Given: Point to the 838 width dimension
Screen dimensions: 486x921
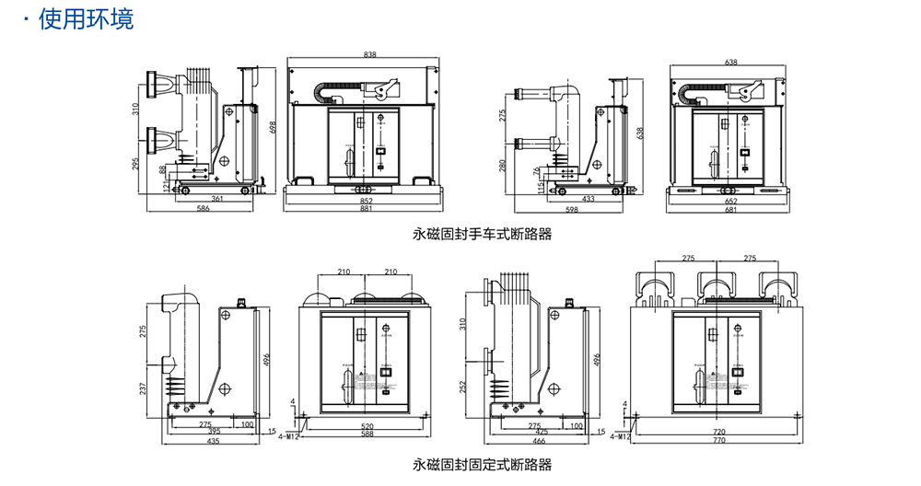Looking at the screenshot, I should tap(369, 56).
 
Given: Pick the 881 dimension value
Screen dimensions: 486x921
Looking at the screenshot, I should tap(366, 209).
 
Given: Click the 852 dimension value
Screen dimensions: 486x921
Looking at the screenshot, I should tap(366, 200).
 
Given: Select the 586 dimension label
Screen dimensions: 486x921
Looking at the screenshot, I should tap(203, 209).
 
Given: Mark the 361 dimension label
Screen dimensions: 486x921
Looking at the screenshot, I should tap(217, 199).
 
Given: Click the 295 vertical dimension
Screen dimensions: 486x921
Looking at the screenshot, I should tap(135, 164).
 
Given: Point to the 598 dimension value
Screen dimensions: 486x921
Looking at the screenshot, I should tap(571, 209).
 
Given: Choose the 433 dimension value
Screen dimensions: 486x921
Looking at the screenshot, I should tap(589, 199).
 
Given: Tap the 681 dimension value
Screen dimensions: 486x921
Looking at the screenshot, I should tap(731, 209).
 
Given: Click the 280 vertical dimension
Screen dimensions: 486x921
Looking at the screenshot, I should tap(502, 166).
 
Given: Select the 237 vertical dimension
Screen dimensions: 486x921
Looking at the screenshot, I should tap(143, 388).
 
